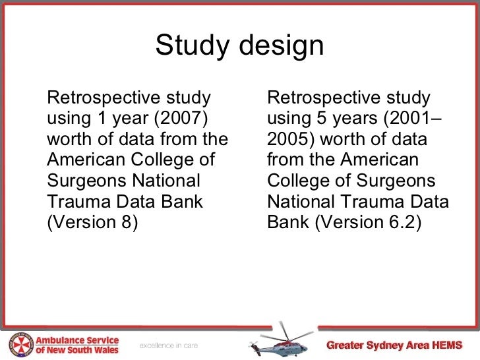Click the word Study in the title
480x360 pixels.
[192, 46]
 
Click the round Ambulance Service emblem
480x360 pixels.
[20, 344]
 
